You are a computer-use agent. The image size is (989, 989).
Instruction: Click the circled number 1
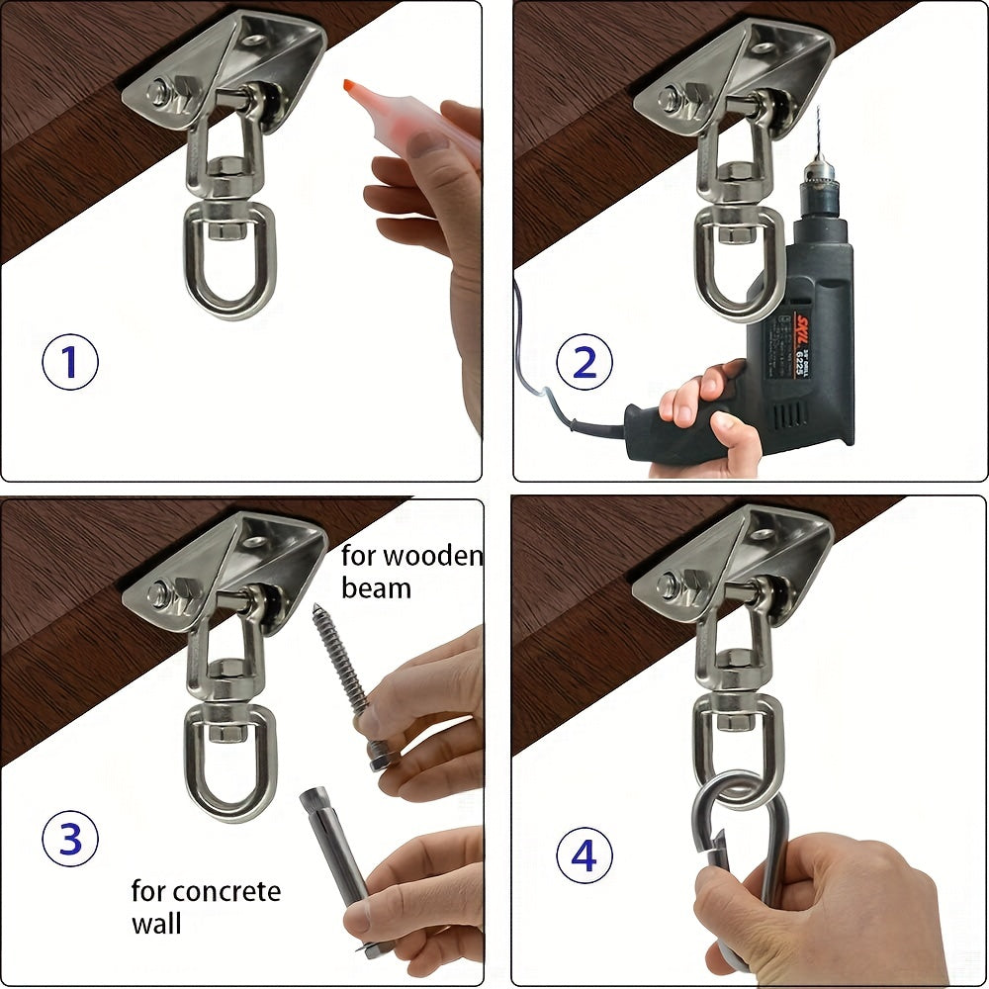[x=69, y=362]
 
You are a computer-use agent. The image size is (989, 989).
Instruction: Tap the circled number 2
[x=584, y=362]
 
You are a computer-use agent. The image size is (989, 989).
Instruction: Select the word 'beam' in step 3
[x=376, y=588]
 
